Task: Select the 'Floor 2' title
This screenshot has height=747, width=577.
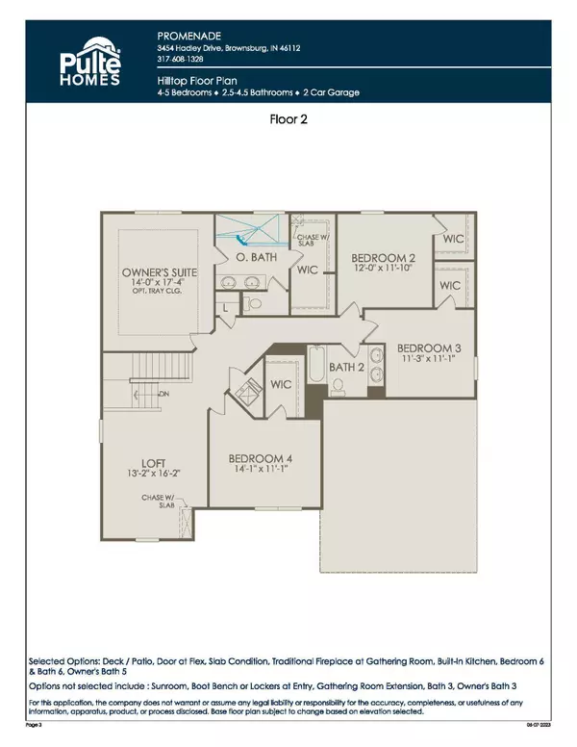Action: (x=288, y=121)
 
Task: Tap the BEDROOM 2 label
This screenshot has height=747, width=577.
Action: (x=383, y=258)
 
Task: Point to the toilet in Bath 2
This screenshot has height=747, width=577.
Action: (x=340, y=386)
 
